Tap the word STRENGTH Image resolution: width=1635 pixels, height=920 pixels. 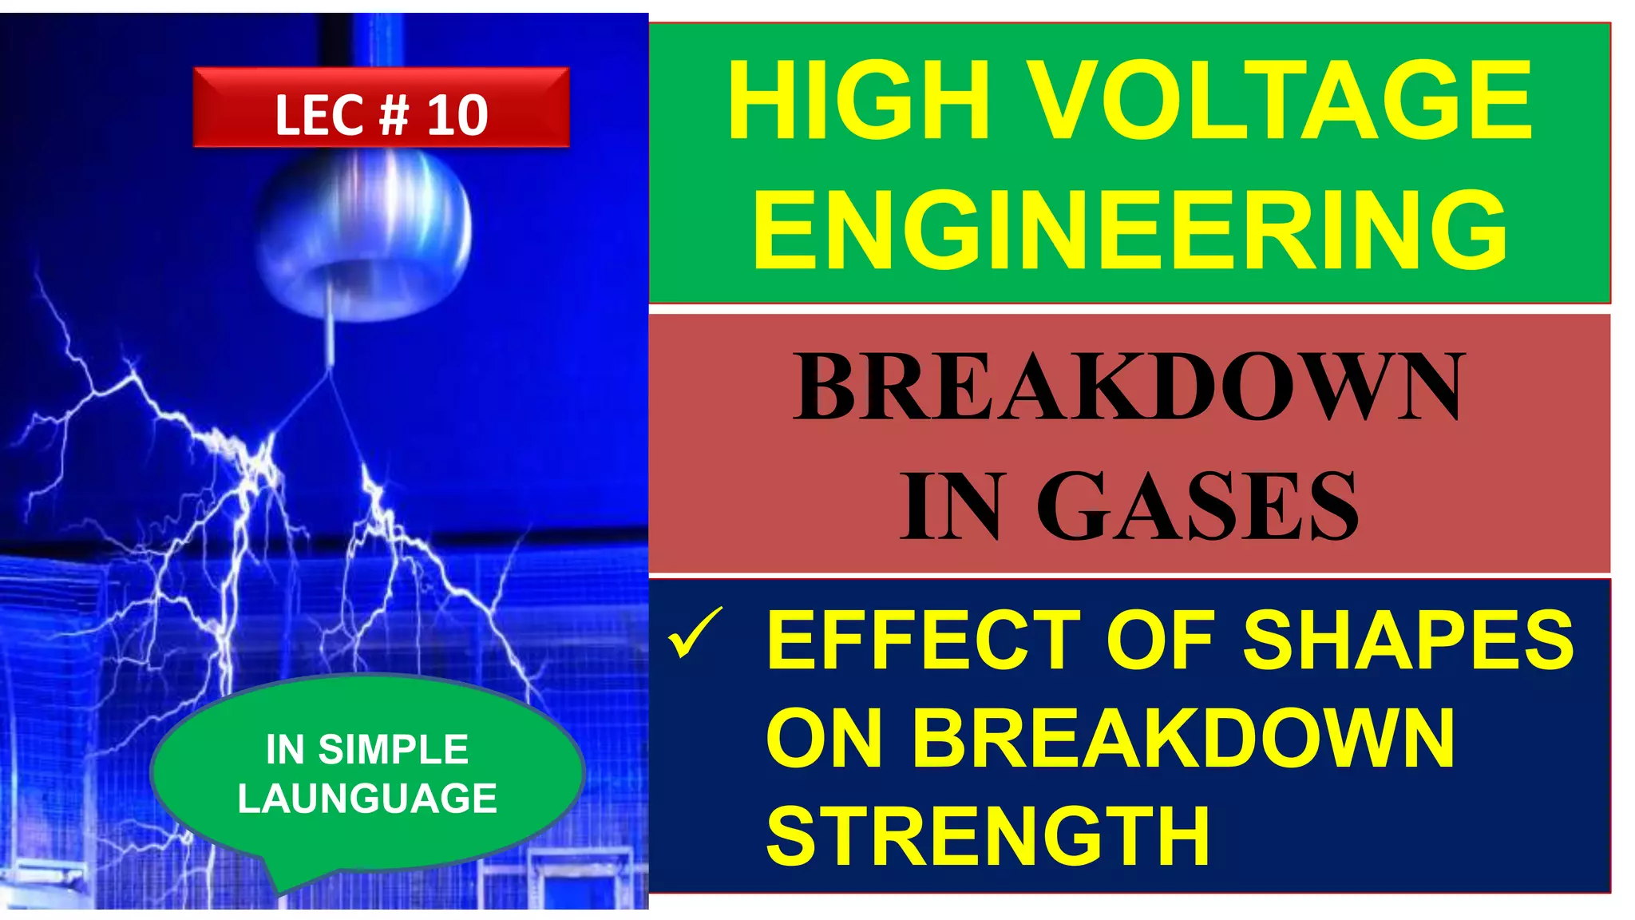pos(988,835)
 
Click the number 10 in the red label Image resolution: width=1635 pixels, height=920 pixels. pos(457,116)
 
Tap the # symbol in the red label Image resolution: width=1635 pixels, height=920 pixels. pos(393,116)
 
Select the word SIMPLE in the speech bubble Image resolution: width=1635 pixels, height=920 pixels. pos(393,749)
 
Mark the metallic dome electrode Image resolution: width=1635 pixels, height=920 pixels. pos(364,232)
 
